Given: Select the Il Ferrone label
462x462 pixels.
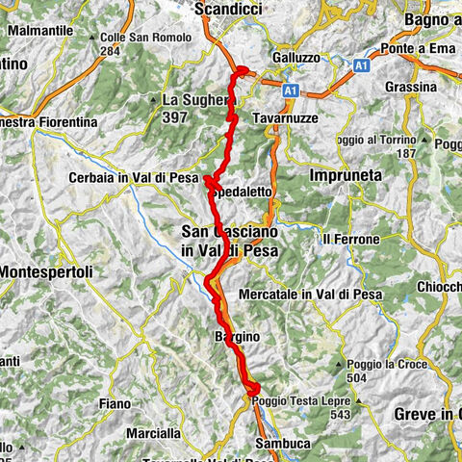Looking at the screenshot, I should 346,238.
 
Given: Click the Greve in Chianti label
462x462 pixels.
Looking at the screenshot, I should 428,414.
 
